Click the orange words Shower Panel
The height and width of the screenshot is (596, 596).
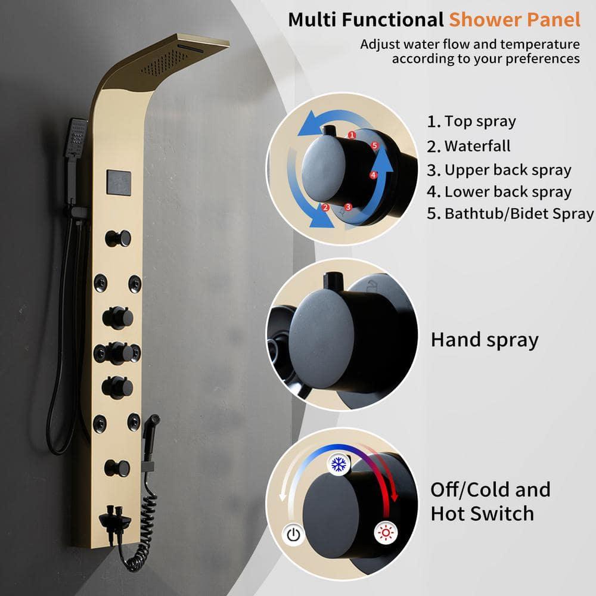pyautogui.click(x=514, y=19)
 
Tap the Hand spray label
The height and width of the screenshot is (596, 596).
pyautogui.click(x=485, y=340)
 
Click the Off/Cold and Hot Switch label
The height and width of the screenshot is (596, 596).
pyautogui.click(x=491, y=501)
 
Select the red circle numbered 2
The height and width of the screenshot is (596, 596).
pyautogui.click(x=325, y=208)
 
